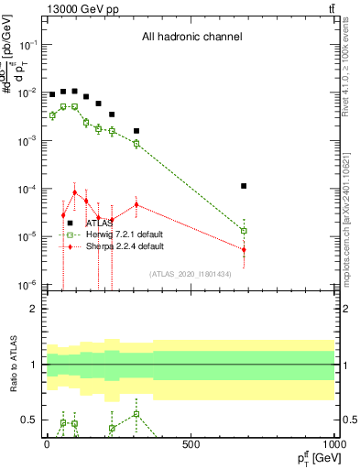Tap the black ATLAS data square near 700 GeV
244,186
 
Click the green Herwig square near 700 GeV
244,231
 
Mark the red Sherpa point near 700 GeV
244,249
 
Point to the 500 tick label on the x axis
191,444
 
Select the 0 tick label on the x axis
47,444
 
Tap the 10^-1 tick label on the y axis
29,44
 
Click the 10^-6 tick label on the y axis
29,284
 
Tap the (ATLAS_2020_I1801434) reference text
191,274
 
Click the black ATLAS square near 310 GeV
136,131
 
